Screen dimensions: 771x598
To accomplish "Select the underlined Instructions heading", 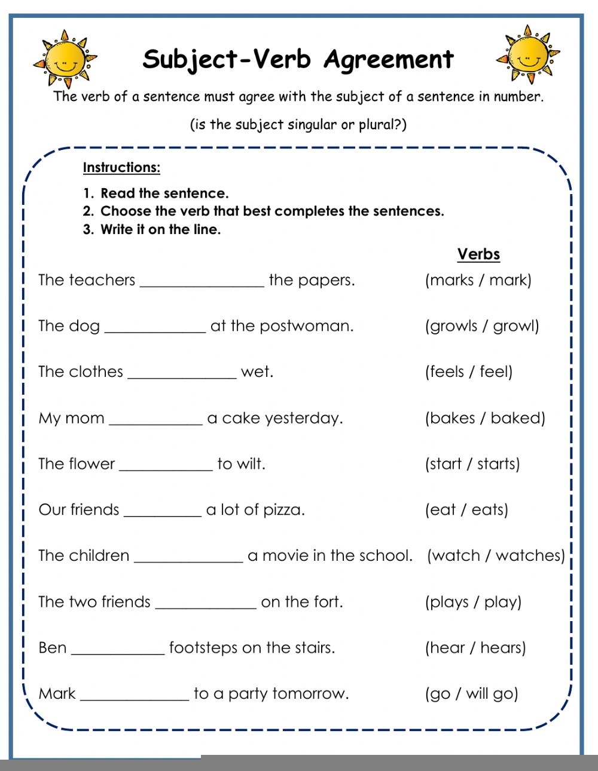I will point(121,167).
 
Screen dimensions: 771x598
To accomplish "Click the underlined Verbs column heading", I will point(478,254).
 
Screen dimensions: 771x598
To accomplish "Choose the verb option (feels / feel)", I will point(469,371).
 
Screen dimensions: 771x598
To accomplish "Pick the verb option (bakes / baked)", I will point(485,417).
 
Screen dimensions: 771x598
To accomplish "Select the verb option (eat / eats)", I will point(466,509).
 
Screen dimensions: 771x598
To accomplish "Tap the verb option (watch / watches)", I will point(496,555).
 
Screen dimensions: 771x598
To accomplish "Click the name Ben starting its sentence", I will point(53,647).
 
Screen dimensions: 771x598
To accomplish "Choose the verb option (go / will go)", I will point(471,693).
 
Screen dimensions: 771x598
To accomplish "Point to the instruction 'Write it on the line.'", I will point(160,229).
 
